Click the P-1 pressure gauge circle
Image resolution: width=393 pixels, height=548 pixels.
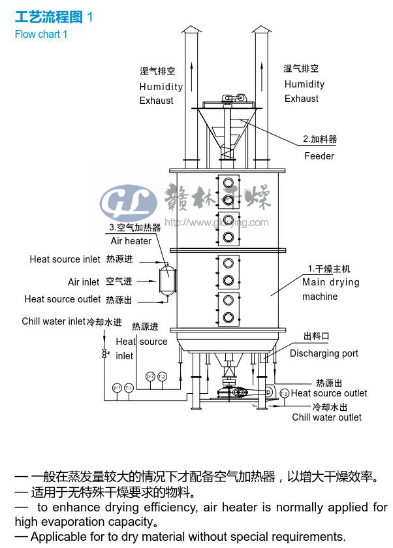(x=117, y=387)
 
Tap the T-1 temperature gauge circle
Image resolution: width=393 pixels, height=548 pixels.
(x=129, y=387)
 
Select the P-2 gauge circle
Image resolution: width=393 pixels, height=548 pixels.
(x=150, y=376)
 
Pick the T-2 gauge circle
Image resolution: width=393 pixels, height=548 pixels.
(x=162, y=376)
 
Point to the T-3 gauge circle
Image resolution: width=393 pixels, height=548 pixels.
(x=284, y=393)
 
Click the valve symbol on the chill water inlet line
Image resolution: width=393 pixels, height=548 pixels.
(x=104, y=353)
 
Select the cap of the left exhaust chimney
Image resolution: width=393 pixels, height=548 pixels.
(x=191, y=29)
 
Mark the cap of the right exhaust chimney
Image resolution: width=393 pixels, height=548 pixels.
(x=261, y=29)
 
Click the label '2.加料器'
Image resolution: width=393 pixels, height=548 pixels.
(x=320, y=139)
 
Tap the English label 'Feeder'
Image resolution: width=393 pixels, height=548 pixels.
(x=319, y=156)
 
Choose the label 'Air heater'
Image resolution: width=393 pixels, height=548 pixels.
(x=131, y=241)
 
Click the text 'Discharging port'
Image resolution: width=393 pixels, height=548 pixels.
(x=324, y=353)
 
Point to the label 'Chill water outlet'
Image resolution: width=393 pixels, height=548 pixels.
(x=326, y=417)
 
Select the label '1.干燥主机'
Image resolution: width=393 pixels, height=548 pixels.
(x=329, y=268)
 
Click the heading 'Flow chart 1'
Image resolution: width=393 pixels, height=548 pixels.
(x=41, y=34)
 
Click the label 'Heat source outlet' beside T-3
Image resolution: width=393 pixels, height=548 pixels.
(x=329, y=393)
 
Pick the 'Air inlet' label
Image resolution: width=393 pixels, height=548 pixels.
(x=84, y=282)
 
